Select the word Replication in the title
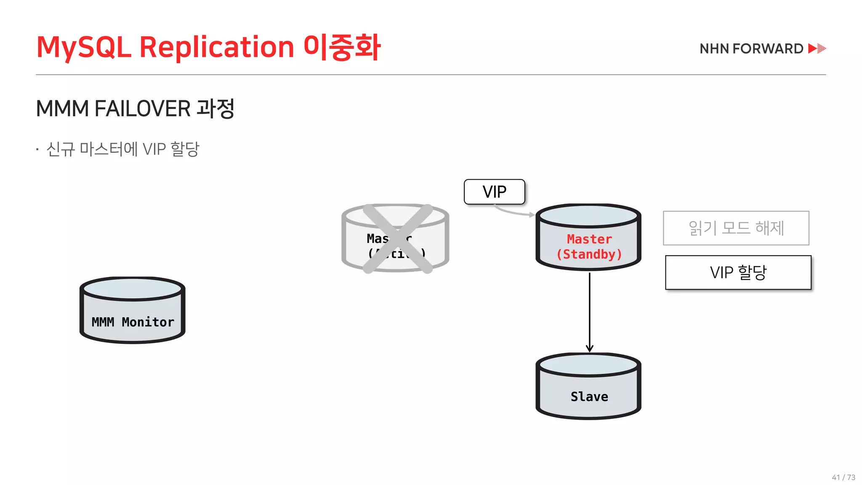pyautogui.click(x=216, y=47)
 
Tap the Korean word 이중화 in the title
pyautogui.click(x=342, y=47)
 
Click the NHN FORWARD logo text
pyautogui.click(x=751, y=49)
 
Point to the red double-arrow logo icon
pyautogui.click(x=817, y=48)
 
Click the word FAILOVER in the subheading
pyautogui.click(x=142, y=109)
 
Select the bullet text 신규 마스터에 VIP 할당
pyautogui.click(x=122, y=149)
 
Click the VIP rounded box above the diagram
pyautogui.click(x=494, y=192)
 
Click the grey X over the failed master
pyautogui.click(x=398, y=239)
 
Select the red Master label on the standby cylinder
pyautogui.click(x=589, y=239)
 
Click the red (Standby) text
pyautogui.click(x=589, y=254)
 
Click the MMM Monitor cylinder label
pyautogui.click(x=133, y=322)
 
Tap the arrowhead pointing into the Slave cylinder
pyautogui.click(x=589, y=348)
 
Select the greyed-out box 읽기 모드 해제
pyautogui.click(x=736, y=228)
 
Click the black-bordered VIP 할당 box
pyautogui.click(x=738, y=272)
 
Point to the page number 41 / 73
pyautogui.click(x=843, y=477)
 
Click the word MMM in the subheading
pyautogui.click(x=62, y=109)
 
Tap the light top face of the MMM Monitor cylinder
pyautogui.click(x=133, y=289)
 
